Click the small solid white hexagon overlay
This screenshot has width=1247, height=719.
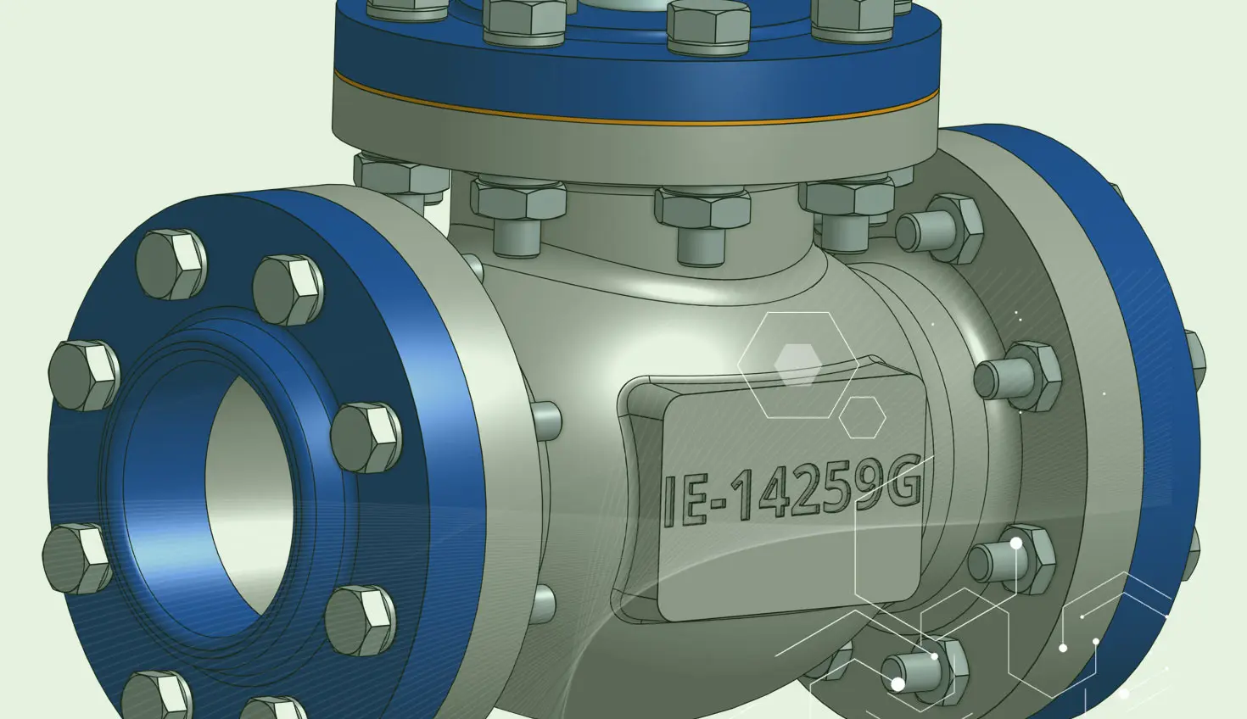797,365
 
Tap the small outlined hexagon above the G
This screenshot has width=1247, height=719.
862,417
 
